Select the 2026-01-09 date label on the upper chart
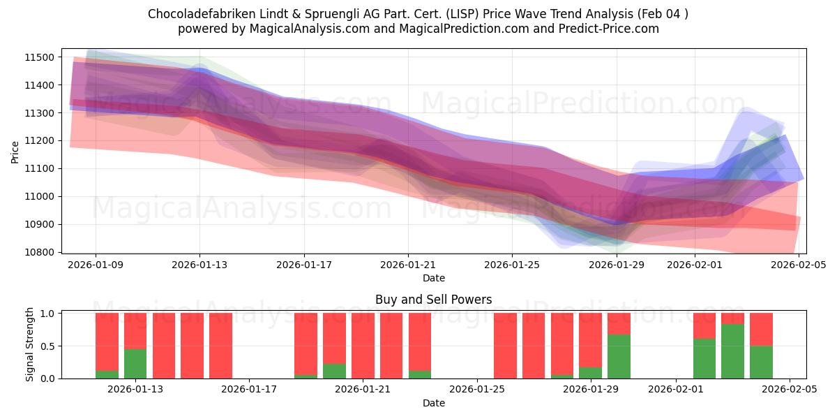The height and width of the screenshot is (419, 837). click(x=96, y=265)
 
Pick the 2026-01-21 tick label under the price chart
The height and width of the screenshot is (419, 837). click(x=408, y=265)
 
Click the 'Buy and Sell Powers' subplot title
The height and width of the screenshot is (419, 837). click(x=433, y=300)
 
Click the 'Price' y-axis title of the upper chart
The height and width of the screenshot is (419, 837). click(x=16, y=151)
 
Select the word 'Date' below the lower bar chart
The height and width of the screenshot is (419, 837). click(x=433, y=403)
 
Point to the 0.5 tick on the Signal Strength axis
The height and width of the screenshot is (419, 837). click(x=47, y=346)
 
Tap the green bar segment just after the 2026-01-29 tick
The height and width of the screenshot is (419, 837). click(x=619, y=356)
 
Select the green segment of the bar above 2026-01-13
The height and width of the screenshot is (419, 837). click(x=135, y=364)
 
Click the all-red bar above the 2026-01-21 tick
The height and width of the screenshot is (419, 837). click(x=363, y=346)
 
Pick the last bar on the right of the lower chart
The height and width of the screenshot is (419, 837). click(x=761, y=346)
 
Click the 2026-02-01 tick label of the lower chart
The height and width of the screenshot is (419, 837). click(x=676, y=390)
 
